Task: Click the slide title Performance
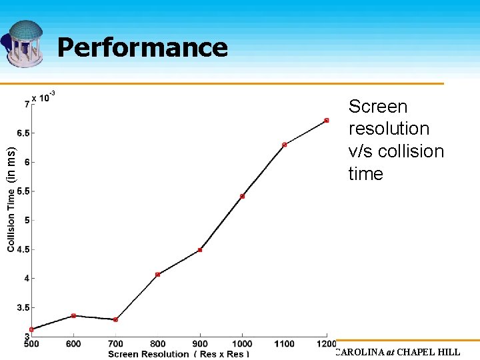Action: [x=142, y=47]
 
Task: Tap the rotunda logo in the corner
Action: [x=25, y=43]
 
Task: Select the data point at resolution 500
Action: [x=31, y=329]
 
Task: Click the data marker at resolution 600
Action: [x=73, y=315]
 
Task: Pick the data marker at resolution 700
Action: [x=116, y=319]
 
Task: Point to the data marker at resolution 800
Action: [x=157, y=274]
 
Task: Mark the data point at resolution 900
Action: [x=200, y=250]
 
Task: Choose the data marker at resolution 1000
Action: [x=242, y=196]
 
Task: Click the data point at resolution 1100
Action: [x=285, y=145]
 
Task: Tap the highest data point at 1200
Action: [x=327, y=120]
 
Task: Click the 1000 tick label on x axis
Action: [x=242, y=344]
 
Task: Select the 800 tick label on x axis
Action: [x=157, y=344]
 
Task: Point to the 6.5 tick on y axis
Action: [x=23, y=133]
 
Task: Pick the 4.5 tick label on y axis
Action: [x=23, y=249]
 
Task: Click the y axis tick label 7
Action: [x=27, y=104]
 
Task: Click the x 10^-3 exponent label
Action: [x=43, y=97]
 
